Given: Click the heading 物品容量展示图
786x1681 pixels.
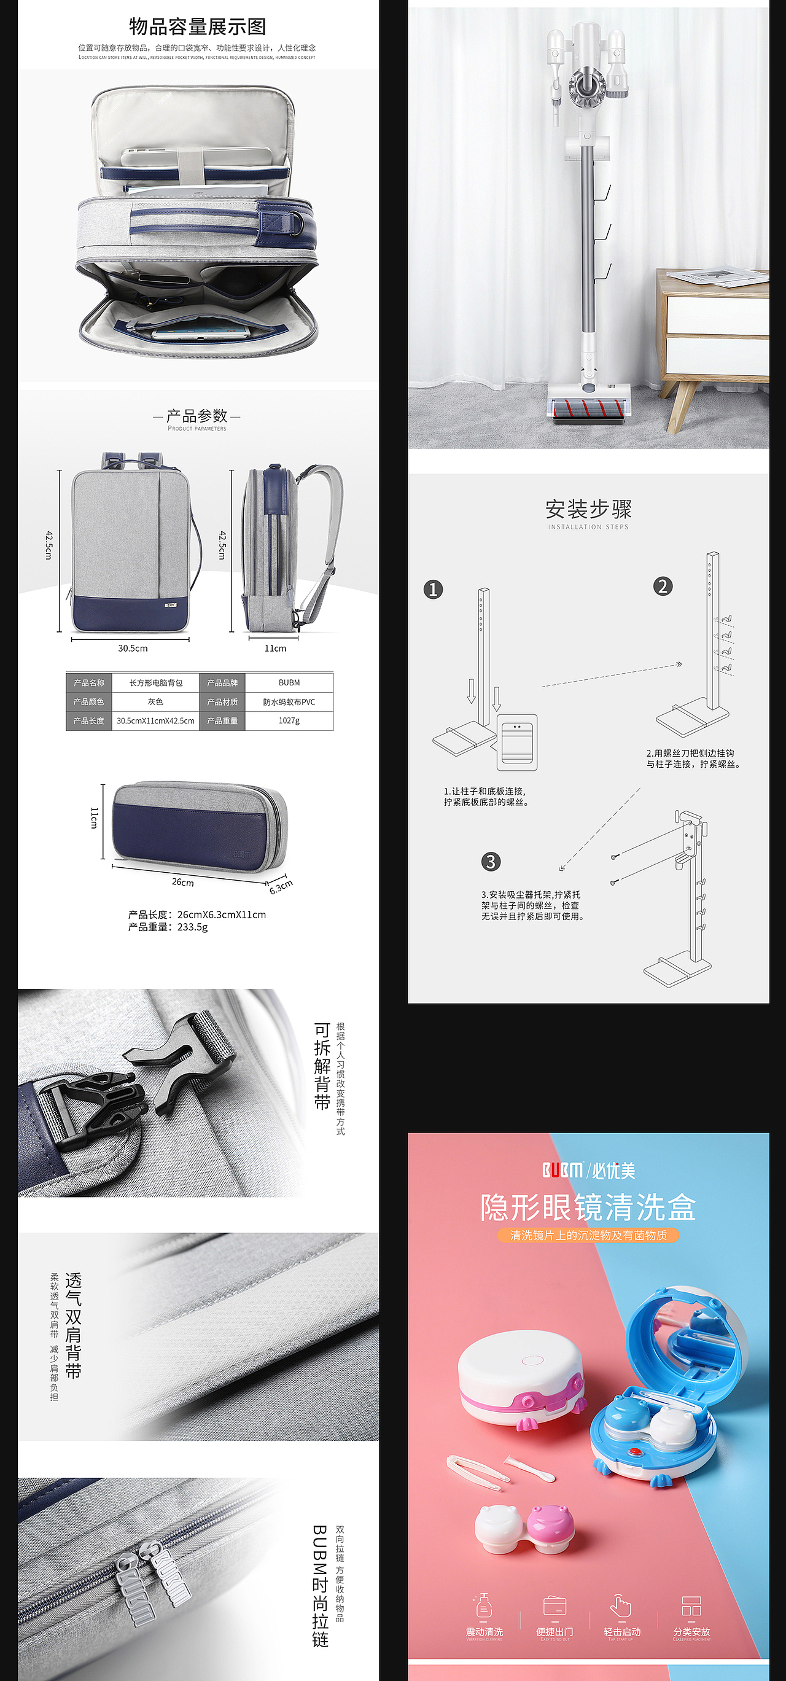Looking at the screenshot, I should pos(197,27).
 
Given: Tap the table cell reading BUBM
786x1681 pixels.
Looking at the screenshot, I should pos(289,682).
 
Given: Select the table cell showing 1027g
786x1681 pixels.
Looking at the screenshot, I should pos(289,720).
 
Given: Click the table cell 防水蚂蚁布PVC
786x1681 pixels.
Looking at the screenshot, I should pos(289,702).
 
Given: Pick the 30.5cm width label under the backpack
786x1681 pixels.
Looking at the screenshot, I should pos(133,649).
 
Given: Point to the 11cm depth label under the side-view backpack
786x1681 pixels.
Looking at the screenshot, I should pos(275,649).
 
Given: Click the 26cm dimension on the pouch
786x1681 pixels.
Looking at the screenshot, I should pos(182,882).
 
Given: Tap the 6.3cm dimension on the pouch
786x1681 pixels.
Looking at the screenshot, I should pos(281,887).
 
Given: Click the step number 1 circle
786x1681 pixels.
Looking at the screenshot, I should pos(433,590).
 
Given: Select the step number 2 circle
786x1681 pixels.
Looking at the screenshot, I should pos(663,586).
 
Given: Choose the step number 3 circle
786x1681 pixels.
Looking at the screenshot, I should pos(491,861).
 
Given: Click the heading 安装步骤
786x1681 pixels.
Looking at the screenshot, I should pos(588,509).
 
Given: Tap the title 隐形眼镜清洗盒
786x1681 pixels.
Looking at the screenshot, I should pos(588,1208).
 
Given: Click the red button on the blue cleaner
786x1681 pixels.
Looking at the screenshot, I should pos(634,1452).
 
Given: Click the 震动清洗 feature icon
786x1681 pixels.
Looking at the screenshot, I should pos(484,1607).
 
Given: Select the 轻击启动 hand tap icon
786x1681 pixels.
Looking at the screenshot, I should pos(621,1606).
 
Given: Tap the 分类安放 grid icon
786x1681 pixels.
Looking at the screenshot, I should pos(691,1606).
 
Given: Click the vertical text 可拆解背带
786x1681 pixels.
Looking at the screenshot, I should pos(322,1066).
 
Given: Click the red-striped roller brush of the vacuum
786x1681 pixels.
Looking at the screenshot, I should pos(589,410).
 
